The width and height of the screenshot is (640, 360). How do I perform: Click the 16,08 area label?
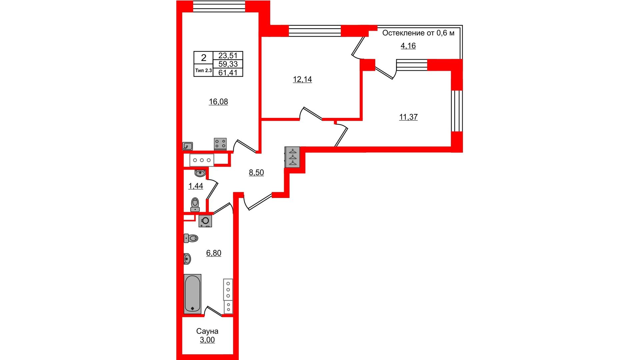tap(218, 102)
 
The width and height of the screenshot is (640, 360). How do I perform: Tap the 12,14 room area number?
tap(302, 79)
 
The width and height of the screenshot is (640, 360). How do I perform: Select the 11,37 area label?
tap(408, 117)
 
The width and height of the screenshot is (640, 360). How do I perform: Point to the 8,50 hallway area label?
tap(256, 172)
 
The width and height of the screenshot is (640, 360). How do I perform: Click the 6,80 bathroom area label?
tap(214, 253)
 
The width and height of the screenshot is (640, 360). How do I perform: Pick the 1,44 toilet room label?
tap(196, 186)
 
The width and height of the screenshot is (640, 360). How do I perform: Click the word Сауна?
tap(207, 331)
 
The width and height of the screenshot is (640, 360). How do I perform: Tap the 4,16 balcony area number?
tap(408, 46)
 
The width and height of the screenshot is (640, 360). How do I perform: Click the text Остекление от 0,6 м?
tap(418, 33)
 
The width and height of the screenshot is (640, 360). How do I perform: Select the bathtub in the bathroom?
tap(192, 294)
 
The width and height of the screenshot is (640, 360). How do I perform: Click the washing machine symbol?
tap(205, 221)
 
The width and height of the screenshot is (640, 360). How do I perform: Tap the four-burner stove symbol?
tap(220, 144)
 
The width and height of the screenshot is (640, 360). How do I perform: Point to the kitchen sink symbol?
tap(188, 146)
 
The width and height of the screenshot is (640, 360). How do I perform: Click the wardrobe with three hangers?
tap(292, 157)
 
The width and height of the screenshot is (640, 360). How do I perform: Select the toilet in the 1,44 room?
tap(195, 205)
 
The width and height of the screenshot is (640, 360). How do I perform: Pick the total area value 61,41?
tap(228, 72)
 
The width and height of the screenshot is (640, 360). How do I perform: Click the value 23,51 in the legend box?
tap(228, 55)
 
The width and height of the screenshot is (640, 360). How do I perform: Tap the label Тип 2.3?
tap(203, 70)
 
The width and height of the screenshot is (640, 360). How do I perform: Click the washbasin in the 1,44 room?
tap(200, 173)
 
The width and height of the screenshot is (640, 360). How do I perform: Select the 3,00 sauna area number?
tap(207, 340)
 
